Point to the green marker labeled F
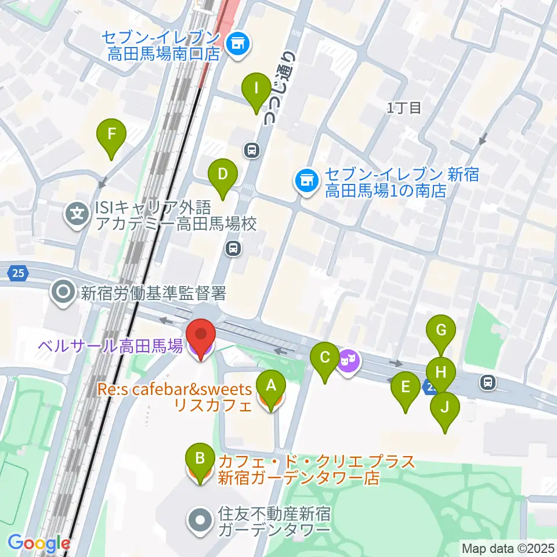point(112,138)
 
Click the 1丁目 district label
point(404,107)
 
